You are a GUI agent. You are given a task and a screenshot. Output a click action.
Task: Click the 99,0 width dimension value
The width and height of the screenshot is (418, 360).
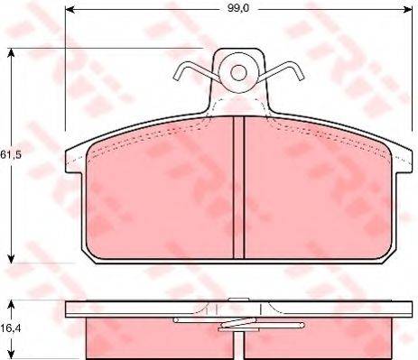(238, 8)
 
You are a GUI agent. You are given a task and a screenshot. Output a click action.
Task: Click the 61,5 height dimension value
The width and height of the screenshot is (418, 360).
(11, 154)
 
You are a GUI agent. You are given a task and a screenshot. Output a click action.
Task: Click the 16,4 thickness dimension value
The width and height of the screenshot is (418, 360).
(11, 328)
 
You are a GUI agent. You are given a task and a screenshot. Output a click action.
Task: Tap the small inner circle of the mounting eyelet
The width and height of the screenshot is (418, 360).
(238, 73)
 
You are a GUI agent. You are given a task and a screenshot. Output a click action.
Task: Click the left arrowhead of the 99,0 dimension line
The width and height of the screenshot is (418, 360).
(70, 10)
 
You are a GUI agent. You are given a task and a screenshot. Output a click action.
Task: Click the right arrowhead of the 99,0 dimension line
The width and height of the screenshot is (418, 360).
(407, 10)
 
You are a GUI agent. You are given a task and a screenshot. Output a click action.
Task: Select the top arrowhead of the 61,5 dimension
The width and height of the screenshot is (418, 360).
(11, 53)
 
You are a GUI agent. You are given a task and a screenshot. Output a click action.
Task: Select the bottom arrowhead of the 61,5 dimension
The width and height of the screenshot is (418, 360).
(11, 258)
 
